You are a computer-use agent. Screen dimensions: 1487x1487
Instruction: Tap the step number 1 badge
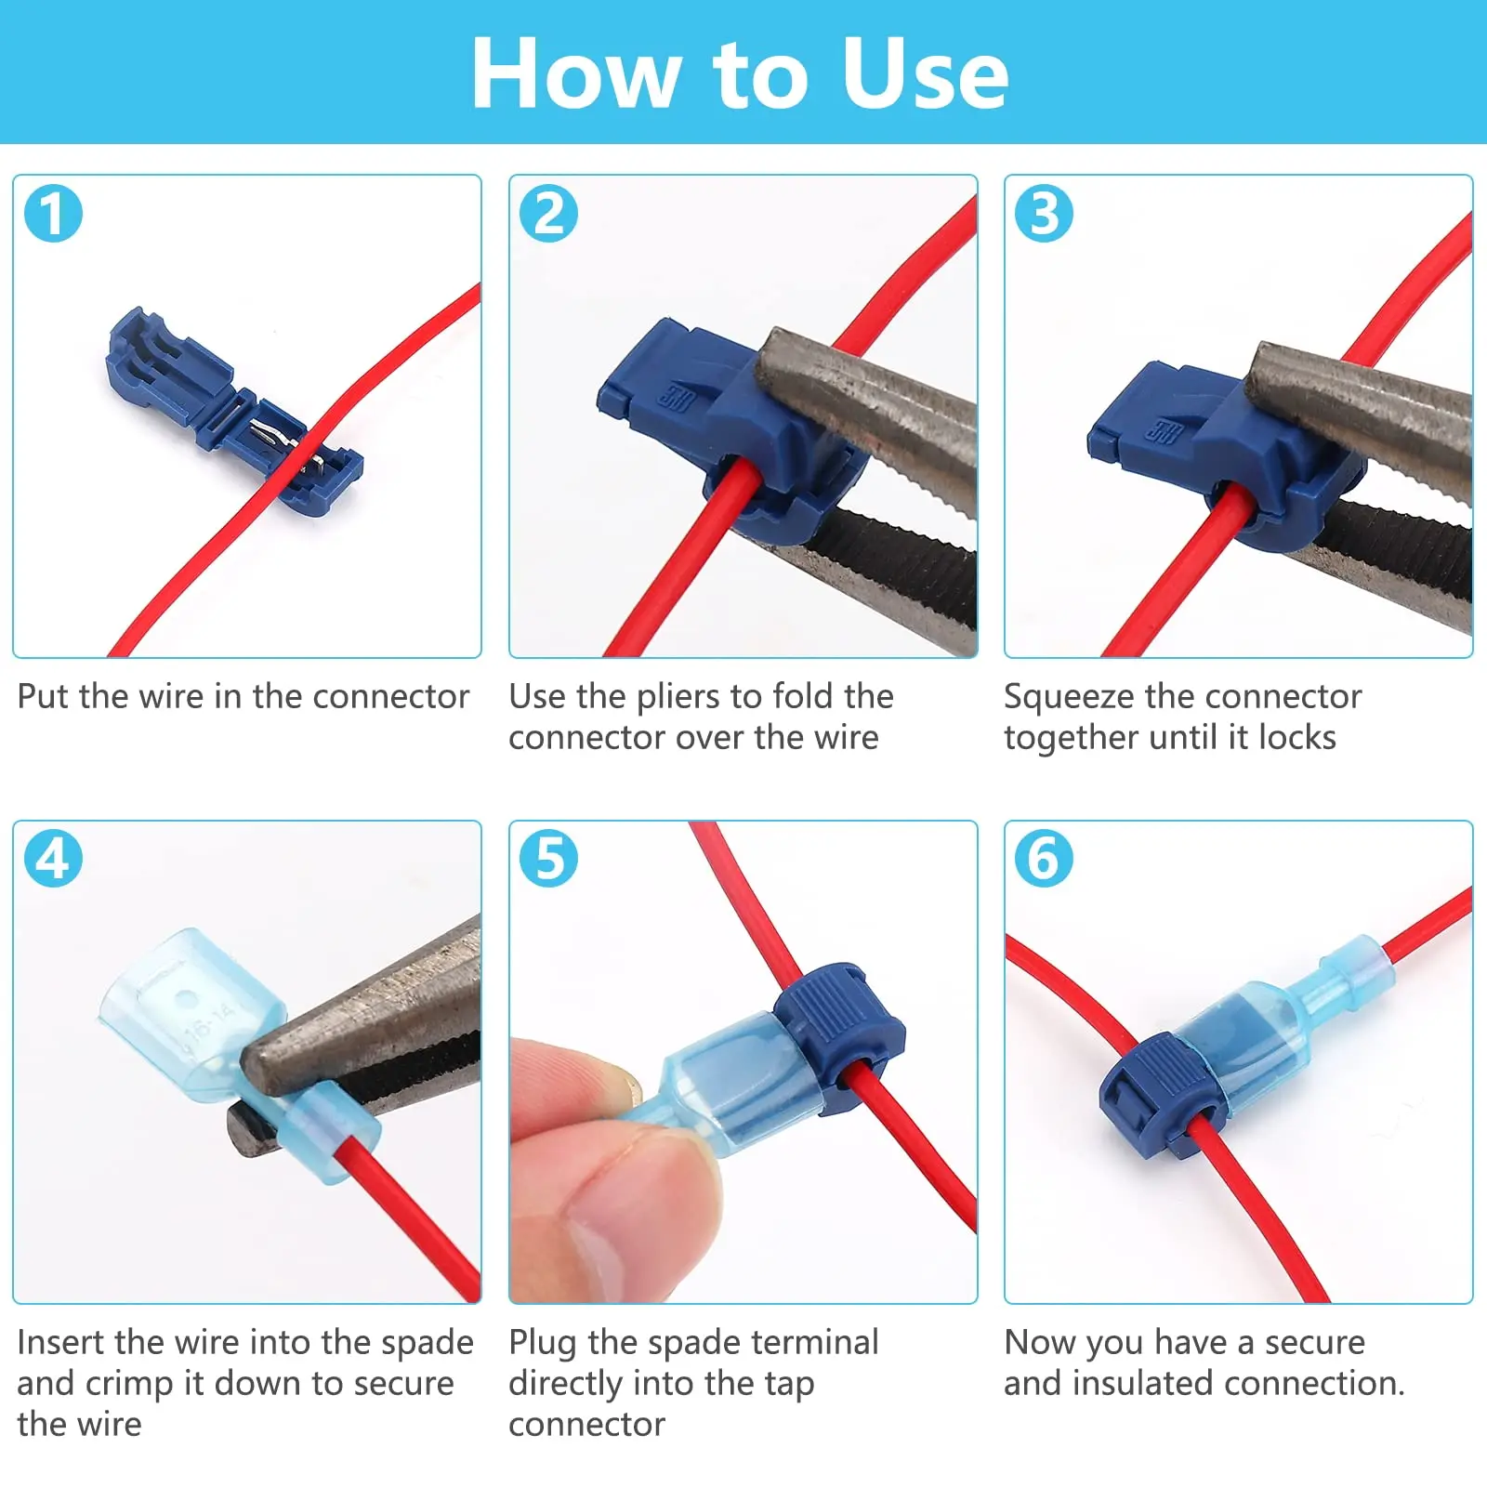53,213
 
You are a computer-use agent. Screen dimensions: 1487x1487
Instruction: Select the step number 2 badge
548,213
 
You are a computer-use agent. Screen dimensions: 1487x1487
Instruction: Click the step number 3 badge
1044,213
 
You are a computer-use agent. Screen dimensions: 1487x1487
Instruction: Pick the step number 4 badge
53,858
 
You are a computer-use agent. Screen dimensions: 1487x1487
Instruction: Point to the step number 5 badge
548,858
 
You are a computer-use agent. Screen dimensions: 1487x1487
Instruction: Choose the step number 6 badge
1044,858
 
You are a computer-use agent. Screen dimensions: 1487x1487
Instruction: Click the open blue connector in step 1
232,409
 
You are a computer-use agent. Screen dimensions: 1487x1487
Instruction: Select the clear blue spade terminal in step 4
232,1050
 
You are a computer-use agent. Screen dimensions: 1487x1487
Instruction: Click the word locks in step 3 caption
1297,738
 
